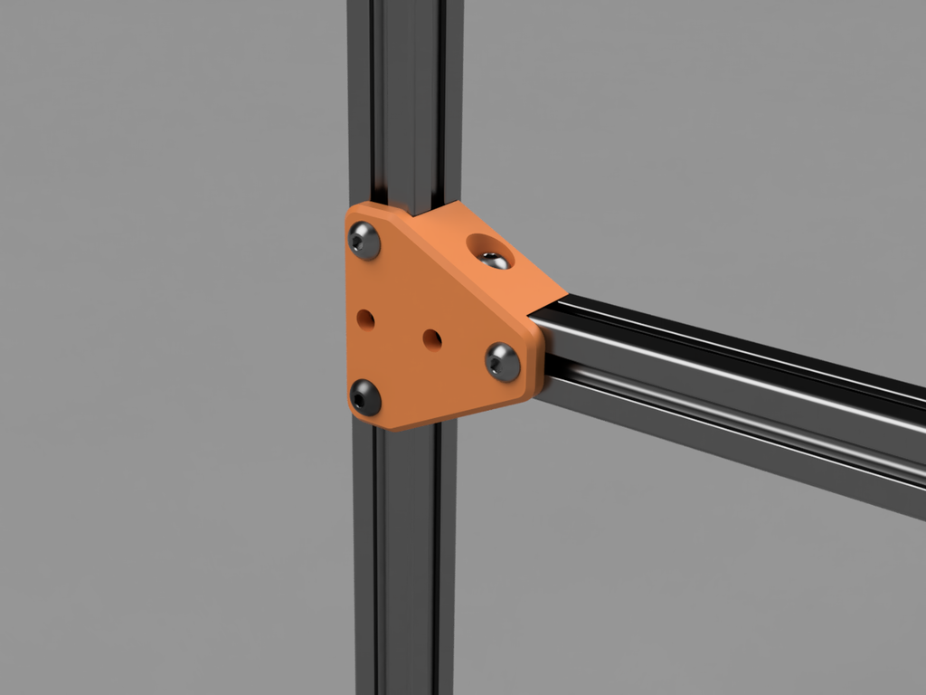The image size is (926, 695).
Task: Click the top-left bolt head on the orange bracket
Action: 364,241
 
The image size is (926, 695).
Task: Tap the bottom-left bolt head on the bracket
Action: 365,397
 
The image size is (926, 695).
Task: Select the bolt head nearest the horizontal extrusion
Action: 503,362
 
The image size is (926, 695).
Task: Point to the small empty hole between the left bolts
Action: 365,319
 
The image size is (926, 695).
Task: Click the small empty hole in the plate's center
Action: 432,340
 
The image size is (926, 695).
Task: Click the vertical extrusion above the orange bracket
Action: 404,100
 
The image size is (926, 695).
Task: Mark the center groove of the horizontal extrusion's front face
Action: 723,399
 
